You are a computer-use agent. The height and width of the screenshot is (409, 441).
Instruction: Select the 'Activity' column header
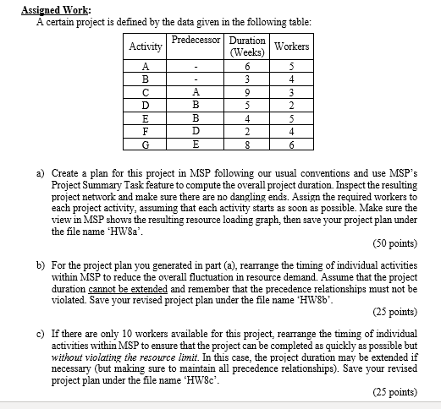click(x=145, y=47)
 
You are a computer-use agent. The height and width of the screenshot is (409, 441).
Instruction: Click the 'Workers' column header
click(x=292, y=46)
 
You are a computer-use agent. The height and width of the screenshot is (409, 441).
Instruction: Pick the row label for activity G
click(x=146, y=144)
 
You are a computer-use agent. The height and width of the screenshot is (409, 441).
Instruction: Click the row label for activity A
click(x=146, y=68)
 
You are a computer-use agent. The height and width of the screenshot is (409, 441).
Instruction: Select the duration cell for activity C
click(x=247, y=93)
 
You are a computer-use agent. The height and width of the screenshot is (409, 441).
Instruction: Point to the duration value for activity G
click(x=247, y=144)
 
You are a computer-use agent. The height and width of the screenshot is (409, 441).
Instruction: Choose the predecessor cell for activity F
click(x=196, y=131)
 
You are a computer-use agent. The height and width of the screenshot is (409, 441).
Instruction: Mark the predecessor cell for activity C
click(x=196, y=93)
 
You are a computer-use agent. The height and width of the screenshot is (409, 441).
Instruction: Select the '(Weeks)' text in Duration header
click(x=247, y=52)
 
